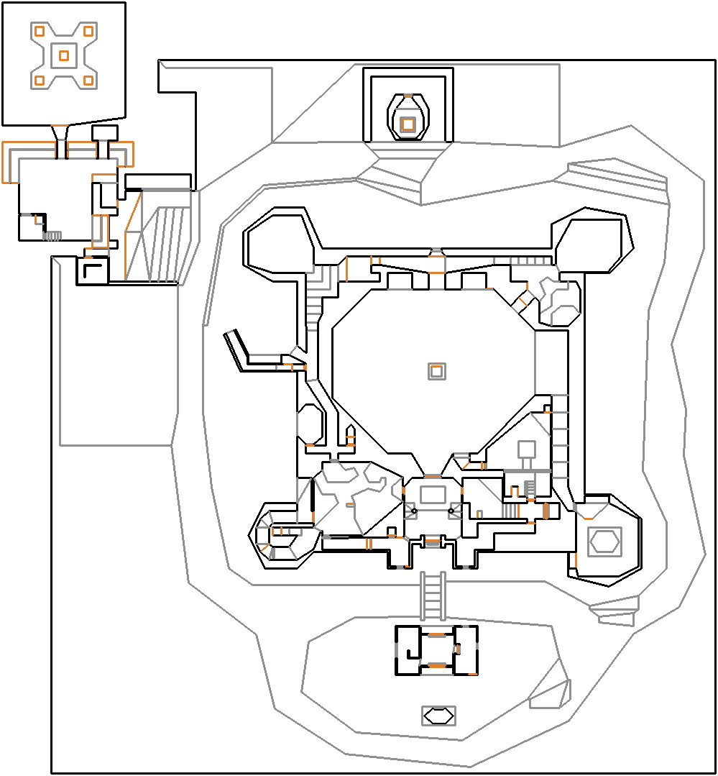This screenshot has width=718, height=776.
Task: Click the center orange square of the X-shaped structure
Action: [64, 55]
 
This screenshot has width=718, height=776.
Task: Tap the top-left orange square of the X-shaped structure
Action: [40, 31]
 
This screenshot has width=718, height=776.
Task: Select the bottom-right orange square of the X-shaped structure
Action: [88, 80]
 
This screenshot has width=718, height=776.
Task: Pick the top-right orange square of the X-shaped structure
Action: [88, 31]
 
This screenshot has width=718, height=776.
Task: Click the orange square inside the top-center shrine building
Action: [408, 124]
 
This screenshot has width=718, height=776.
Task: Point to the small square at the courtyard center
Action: [436, 371]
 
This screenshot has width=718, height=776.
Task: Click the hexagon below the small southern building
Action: [438, 716]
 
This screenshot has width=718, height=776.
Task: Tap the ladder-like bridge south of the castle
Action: [432, 595]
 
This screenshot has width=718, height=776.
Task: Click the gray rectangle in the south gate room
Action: [433, 494]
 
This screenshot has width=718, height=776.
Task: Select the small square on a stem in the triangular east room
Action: [527, 449]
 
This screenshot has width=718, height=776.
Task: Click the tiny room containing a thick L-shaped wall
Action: [92, 270]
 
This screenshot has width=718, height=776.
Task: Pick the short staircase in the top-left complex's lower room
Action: [52, 235]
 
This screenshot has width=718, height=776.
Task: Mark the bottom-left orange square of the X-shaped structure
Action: [40, 80]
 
